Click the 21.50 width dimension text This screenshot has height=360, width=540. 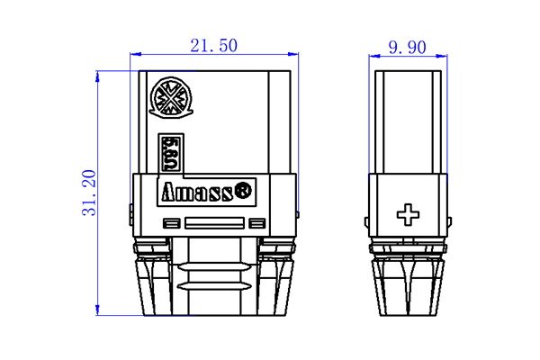(x=213, y=43)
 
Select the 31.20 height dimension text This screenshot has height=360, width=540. (x=87, y=193)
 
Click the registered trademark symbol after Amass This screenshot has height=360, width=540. (x=243, y=191)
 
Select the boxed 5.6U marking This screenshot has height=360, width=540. (x=167, y=153)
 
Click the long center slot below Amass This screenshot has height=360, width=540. (x=213, y=223)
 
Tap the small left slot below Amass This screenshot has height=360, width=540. (x=169, y=223)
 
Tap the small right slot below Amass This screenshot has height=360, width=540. (x=257, y=223)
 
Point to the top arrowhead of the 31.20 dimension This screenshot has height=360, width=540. (x=98, y=74)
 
